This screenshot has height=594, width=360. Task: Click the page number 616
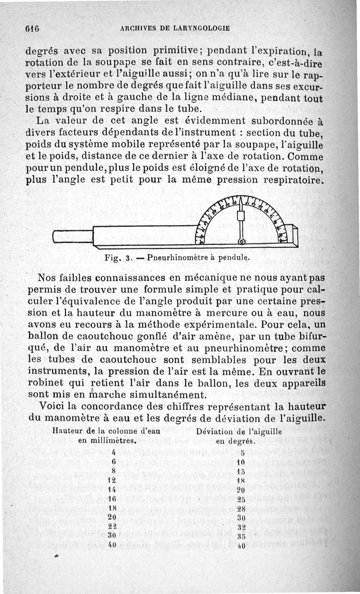(x=33, y=27)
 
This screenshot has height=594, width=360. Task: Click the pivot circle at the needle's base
(x=241, y=242)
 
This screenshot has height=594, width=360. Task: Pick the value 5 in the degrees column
(x=242, y=453)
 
